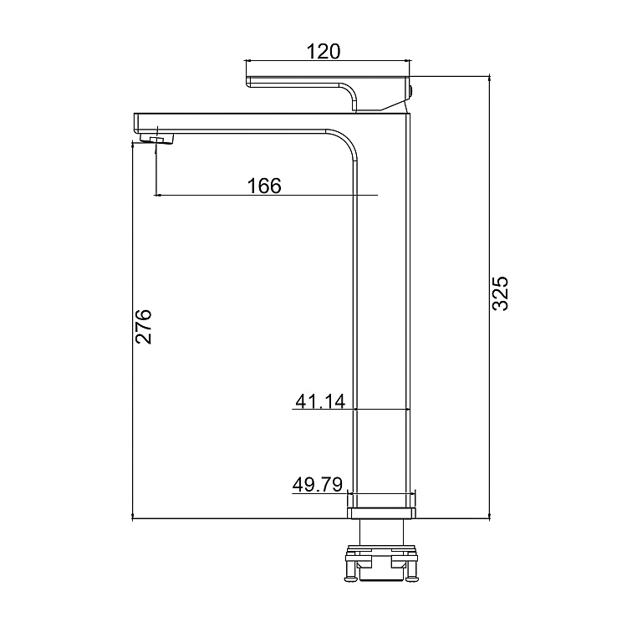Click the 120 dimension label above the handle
(324, 51)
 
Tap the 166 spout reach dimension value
(264, 186)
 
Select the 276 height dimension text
(143, 326)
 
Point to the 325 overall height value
(500, 293)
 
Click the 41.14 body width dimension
(320, 401)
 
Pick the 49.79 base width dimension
(318, 485)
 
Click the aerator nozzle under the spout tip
(157, 138)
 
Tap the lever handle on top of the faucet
(328, 93)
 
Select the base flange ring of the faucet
(381, 513)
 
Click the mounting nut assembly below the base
(381, 563)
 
